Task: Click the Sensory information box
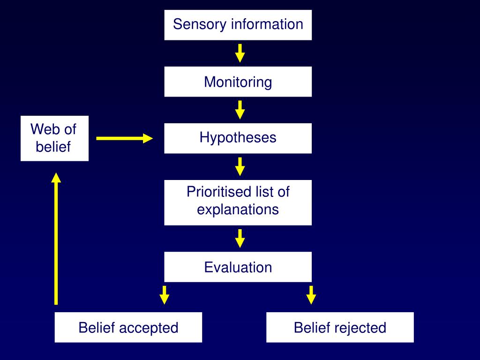(x=238, y=24)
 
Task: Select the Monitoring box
(x=238, y=82)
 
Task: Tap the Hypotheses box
(x=238, y=138)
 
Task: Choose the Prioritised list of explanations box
(x=238, y=202)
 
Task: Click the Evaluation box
(x=238, y=267)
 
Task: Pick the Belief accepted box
(x=128, y=327)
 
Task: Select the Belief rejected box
(x=340, y=327)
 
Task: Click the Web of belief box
(x=54, y=138)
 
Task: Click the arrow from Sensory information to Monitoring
(x=240, y=53)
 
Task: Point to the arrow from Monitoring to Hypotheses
(x=240, y=110)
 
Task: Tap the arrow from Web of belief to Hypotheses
(x=125, y=138)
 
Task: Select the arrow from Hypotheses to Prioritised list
(x=240, y=166)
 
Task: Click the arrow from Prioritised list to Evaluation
(x=240, y=238)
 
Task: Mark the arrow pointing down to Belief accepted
(x=164, y=295)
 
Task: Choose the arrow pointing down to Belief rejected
(x=311, y=295)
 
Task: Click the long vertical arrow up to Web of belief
(x=56, y=239)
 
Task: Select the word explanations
(x=238, y=209)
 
